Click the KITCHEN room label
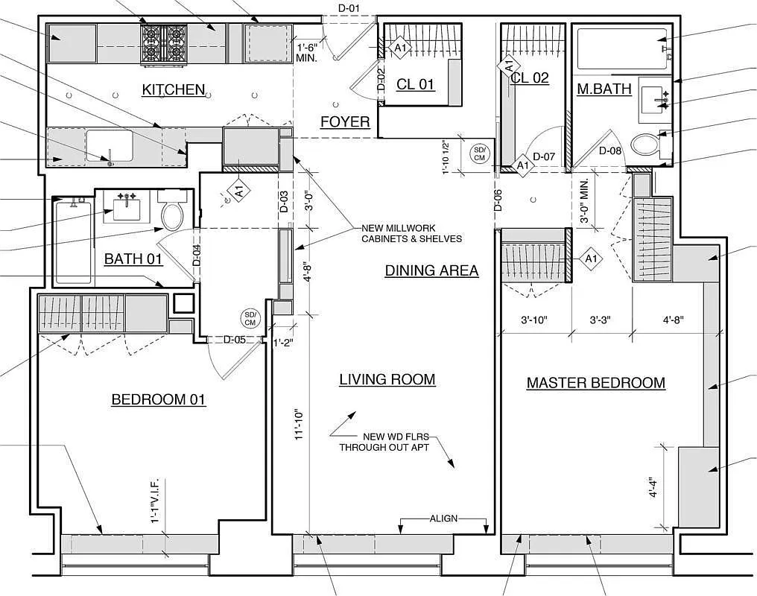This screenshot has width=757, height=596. tap(174, 89)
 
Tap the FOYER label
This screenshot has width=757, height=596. tap(345, 121)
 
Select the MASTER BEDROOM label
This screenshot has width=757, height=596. tap(596, 383)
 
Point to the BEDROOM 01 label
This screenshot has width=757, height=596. tap(159, 399)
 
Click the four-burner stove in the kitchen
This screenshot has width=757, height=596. tap(164, 45)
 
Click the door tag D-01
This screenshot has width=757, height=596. tap(348, 7)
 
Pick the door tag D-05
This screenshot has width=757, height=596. tap(235, 339)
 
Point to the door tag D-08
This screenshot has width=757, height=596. tap(610, 150)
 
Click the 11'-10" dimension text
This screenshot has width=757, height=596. tap(300, 425)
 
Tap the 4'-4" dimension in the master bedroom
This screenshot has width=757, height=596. tap(653, 487)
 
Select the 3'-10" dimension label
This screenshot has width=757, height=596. tap(534, 320)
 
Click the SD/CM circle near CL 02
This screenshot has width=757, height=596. tap(479, 154)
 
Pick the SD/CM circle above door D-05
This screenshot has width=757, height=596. tap(250, 319)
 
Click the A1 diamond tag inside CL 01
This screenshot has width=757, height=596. tap(400, 48)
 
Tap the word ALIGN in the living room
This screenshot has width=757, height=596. tap(443, 519)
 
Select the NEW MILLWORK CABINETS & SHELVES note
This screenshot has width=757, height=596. tap(412, 234)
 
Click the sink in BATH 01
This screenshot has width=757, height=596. tap(127, 208)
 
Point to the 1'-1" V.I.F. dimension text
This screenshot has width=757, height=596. tap(155, 501)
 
